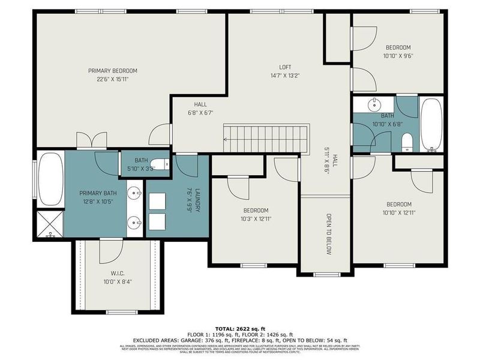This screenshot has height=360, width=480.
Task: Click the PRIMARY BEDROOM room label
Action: click(112, 70)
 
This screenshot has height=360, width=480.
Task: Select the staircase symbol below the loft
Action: click(266, 138)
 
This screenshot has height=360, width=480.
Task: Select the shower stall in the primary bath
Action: click(50, 225)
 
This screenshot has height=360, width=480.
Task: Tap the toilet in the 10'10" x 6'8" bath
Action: click(406, 142)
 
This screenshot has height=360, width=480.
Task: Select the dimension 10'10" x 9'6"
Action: click(398, 56)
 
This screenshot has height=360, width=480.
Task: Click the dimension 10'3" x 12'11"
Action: click(256, 219)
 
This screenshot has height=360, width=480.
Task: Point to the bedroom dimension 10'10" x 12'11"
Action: click(398, 212)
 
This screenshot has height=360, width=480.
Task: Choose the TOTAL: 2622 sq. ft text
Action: click(239, 329)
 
